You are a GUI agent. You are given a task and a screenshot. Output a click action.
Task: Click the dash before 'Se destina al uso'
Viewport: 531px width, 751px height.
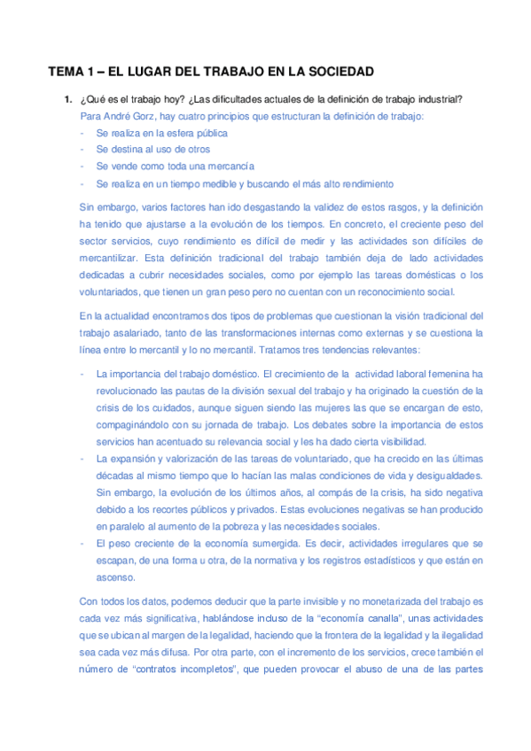coord(82,150)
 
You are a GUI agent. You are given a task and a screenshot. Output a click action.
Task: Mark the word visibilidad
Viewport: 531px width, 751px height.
coord(396,441)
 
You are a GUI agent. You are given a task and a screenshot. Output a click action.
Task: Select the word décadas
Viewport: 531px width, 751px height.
coord(114,475)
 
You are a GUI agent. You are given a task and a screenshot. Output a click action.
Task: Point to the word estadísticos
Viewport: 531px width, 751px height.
coord(378,560)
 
